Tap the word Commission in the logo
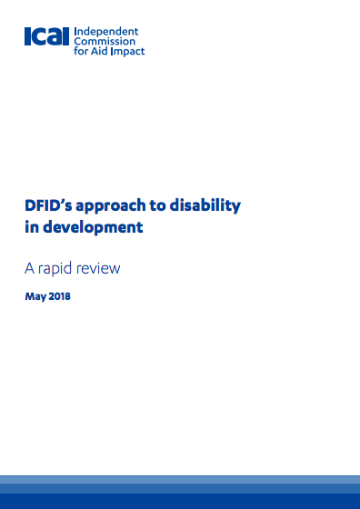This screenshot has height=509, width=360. pyautogui.click(x=99, y=41)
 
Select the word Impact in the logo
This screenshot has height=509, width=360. pyautogui.click(x=127, y=51)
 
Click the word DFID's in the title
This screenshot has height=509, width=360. pyautogui.click(x=48, y=205)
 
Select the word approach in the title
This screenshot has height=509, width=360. pyautogui.click(x=108, y=205)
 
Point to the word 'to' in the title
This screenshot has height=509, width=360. pyautogui.click(x=155, y=205)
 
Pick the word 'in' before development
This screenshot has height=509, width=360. pyautogui.click(x=32, y=227)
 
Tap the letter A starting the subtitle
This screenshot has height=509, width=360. pyautogui.click(x=30, y=268)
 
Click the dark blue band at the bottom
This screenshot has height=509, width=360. pyautogui.click(x=180, y=501)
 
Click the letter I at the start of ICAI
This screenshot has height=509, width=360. pyautogui.click(x=28, y=40)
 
